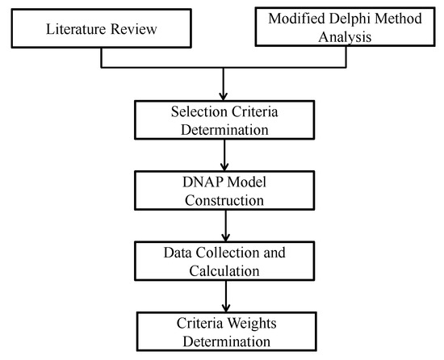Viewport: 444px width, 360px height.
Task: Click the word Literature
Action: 77,30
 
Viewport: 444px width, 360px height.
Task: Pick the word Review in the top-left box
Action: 132,30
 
